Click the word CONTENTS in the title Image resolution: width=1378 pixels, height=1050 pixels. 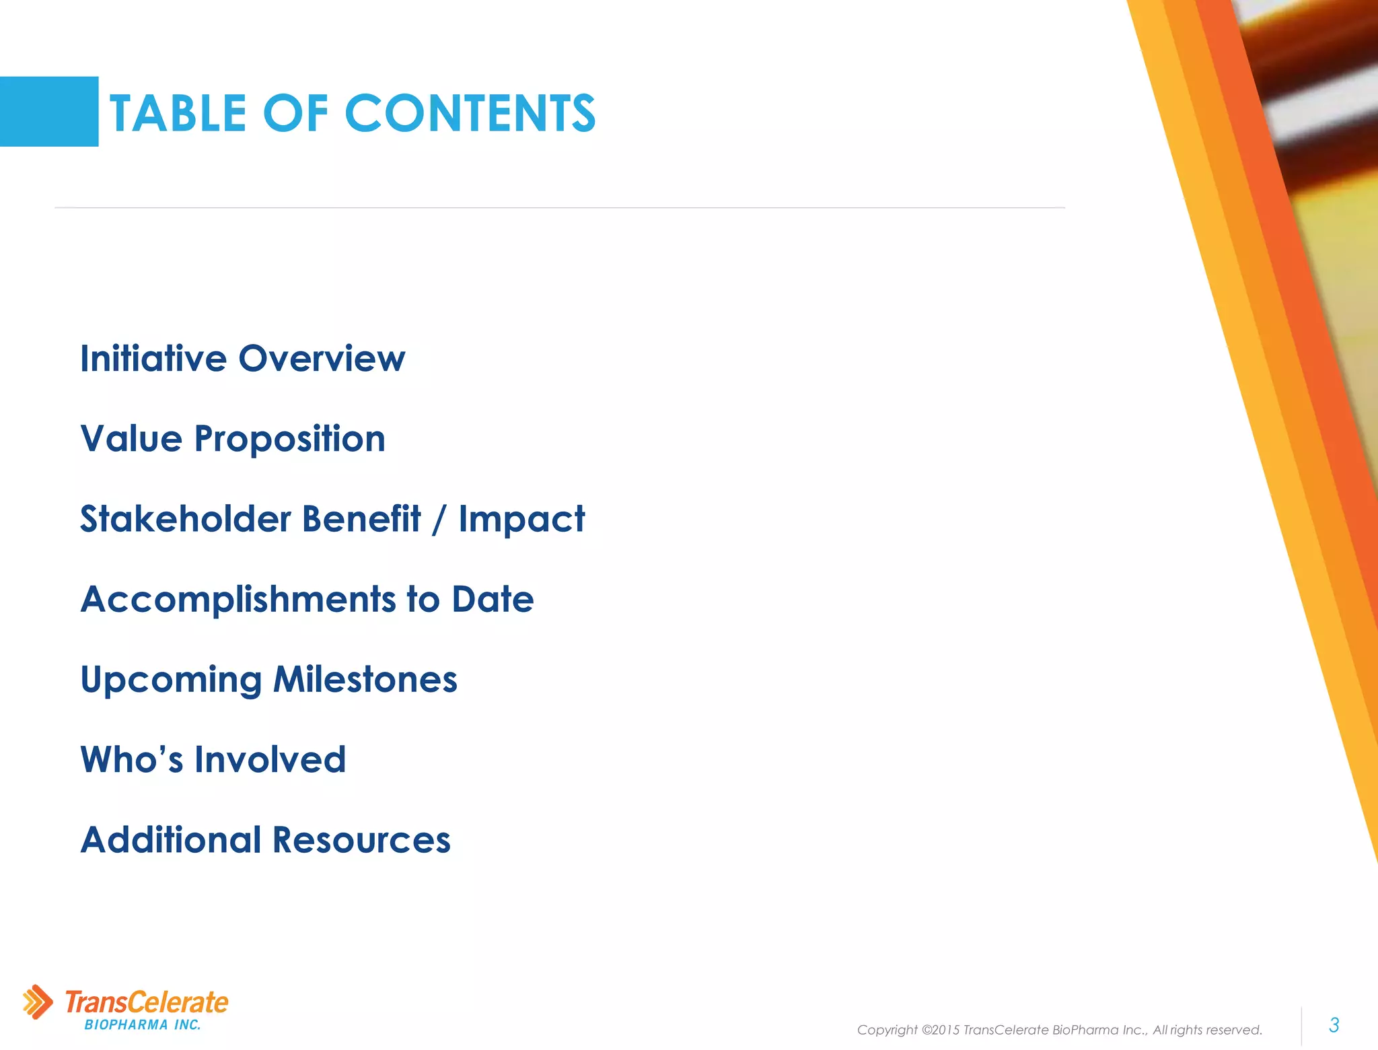(470, 113)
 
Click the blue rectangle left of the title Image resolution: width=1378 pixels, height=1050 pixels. (49, 112)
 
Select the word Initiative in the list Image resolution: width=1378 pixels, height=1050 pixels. (153, 358)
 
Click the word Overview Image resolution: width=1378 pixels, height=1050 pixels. (322, 358)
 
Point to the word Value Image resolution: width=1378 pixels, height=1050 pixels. (131, 439)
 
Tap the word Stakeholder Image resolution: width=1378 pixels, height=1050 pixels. (186, 519)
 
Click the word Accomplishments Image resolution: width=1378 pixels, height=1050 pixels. (238, 600)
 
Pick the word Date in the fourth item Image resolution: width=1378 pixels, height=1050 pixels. (493, 599)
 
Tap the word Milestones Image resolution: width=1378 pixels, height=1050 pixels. (365, 679)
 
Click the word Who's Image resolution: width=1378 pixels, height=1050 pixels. (132, 760)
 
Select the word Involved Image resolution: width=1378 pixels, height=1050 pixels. (270, 760)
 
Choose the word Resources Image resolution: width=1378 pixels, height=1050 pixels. (361, 840)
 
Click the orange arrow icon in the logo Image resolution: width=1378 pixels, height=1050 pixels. (38, 1002)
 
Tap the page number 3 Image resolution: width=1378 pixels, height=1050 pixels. (1334, 1025)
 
